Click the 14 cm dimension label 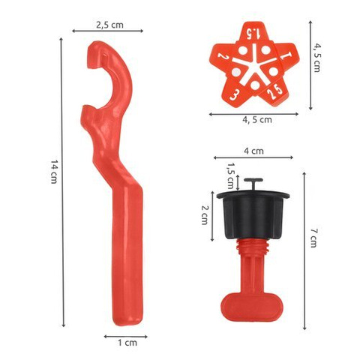(x=53, y=173)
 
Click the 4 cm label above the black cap (x=253, y=151)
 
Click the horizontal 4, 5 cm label (x=257, y=119)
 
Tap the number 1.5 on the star (x=250, y=34)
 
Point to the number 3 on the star (x=236, y=95)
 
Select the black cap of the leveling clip (x=253, y=214)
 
